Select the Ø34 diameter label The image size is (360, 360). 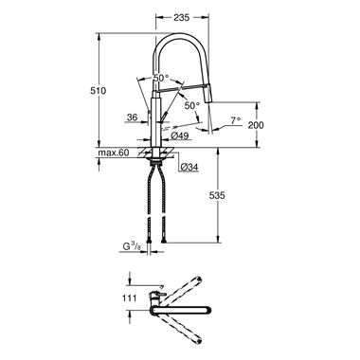(189, 168)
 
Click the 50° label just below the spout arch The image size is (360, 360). (161, 78)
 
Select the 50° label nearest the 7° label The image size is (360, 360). (192, 106)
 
